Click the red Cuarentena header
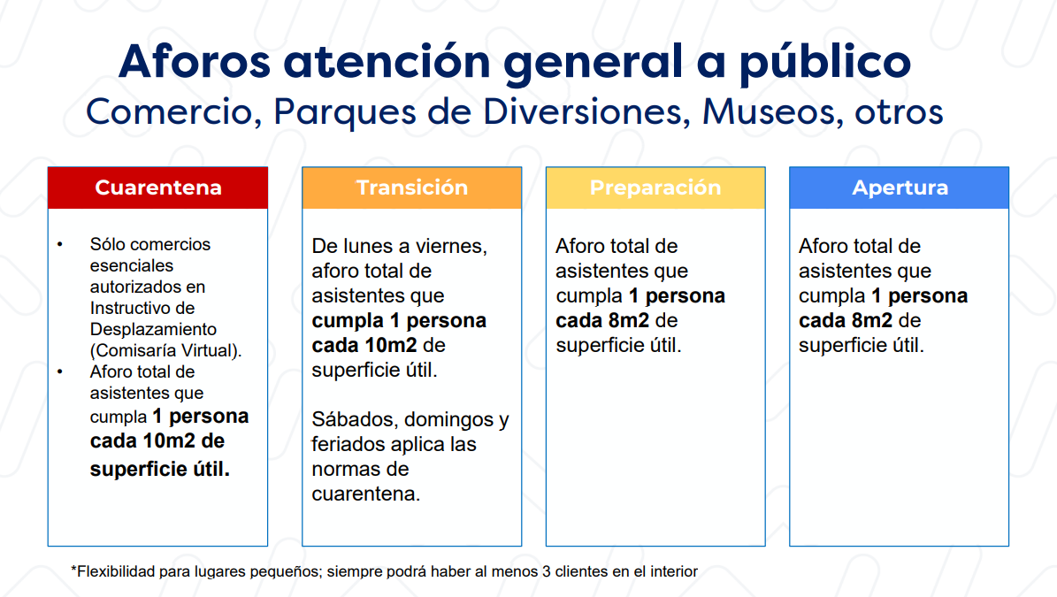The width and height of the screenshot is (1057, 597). (157, 188)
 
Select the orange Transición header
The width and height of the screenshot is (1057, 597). (412, 188)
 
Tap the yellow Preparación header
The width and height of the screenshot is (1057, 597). (655, 188)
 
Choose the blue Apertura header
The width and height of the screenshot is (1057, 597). (900, 188)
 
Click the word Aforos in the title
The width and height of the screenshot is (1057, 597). (195, 61)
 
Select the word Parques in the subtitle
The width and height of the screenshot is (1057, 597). (344, 111)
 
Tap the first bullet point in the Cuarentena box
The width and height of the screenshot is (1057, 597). (60, 244)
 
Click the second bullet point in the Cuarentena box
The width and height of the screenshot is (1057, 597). (60, 371)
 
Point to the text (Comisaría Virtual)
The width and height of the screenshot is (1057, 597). (165, 350)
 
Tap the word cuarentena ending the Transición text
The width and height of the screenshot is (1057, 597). (366, 494)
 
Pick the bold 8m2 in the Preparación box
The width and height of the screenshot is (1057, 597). (629, 320)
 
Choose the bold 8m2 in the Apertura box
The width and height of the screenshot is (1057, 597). (872, 320)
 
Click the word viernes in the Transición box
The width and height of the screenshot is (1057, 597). (453, 247)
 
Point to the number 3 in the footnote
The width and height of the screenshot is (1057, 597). (547, 571)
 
